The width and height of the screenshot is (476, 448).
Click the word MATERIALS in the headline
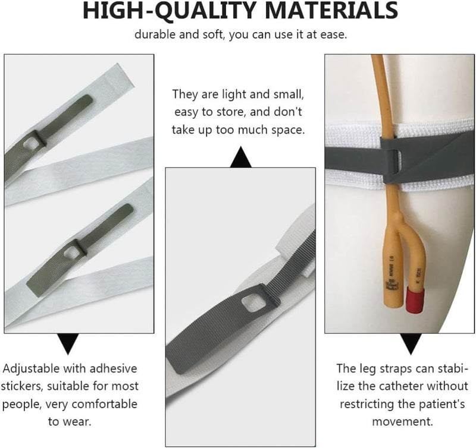[331, 11]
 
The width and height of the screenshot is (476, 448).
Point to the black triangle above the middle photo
[241, 157]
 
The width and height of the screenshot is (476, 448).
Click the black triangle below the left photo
[68, 344]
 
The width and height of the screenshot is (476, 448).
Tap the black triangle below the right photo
[411, 344]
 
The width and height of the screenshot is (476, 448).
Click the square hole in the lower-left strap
[72, 251]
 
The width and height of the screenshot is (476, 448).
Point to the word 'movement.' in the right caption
[403, 421]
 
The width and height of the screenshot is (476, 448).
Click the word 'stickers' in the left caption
[22, 386]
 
